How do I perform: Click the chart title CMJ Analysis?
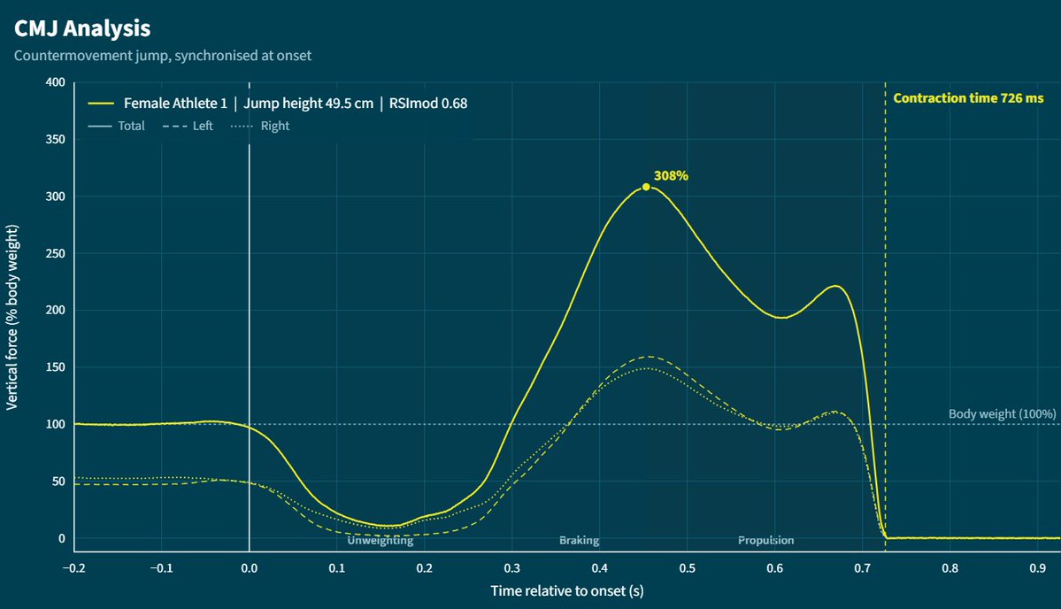click(82, 28)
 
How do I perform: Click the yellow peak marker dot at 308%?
click(646, 187)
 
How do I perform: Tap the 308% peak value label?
click(671, 176)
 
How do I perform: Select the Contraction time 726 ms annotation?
click(968, 98)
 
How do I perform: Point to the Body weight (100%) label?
click(1002, 413)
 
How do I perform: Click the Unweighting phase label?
click(381, 540)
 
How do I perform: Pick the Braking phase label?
click(580, 540)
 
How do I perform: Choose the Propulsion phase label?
click(766, 540)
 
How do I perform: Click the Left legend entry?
click(188, 126)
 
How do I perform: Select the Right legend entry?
click(260, 126)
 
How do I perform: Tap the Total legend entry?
click(117, 126)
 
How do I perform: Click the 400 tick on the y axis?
click(56, 81)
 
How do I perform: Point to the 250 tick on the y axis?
click(56, 253)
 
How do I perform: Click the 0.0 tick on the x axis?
click(249, 568)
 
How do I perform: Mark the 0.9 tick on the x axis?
click(1037, 568)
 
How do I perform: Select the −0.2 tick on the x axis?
click(73, 568)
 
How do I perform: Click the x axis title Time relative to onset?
click(567, 590)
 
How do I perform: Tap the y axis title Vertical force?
click(12, 318)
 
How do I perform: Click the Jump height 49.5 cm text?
click(309, 104)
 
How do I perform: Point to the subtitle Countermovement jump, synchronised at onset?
click(163, 56)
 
